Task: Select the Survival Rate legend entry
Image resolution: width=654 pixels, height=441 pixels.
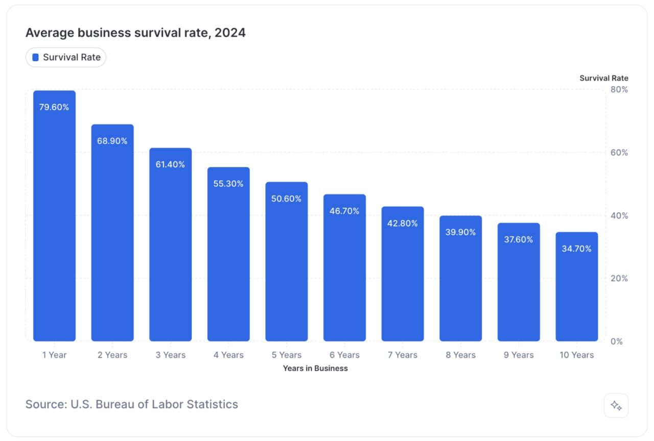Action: point(66,58)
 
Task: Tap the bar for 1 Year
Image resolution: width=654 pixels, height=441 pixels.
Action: point(54,225)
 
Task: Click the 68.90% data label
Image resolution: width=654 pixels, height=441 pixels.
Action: point(112,141)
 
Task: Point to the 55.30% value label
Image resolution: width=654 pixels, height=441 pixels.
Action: point(228,184)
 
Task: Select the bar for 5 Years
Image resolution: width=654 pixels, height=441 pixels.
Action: point(286,265)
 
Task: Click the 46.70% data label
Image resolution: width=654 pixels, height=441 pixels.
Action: point(344,211)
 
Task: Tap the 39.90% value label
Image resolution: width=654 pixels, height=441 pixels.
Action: point(460,232)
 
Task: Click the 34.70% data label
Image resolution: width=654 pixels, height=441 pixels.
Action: point(576,249)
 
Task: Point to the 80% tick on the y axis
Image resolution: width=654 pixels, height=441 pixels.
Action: point(619,90)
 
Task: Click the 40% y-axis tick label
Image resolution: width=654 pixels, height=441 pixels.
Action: point(619,216)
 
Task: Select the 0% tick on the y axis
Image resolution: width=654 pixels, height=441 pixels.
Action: point(617,341)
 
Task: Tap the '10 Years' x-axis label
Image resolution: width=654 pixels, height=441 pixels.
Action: point(576,355)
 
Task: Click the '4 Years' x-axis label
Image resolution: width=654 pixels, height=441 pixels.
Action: point(228,355)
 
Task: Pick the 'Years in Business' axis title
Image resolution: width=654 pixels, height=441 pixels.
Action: point(315,369)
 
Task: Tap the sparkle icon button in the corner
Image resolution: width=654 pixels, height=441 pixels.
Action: point(616,406)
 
